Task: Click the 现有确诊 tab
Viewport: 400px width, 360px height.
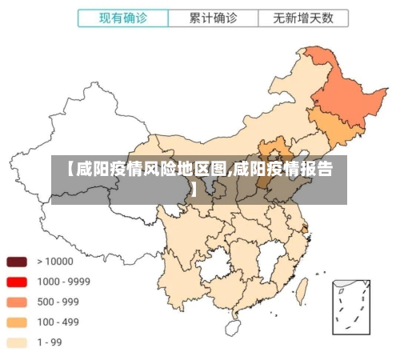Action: point(124,17)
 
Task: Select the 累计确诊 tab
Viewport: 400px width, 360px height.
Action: point(213,17)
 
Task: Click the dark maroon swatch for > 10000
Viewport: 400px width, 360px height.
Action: point(18,262)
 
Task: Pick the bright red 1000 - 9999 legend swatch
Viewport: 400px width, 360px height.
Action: point(18,282)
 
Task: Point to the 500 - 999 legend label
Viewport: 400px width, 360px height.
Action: point(58,302)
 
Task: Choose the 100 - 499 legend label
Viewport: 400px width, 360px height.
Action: point(58,322)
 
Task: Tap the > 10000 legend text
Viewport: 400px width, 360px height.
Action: point(54,262)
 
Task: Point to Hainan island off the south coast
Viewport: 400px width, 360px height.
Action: point(233,327)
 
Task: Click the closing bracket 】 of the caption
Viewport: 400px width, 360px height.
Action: point(193,190)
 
